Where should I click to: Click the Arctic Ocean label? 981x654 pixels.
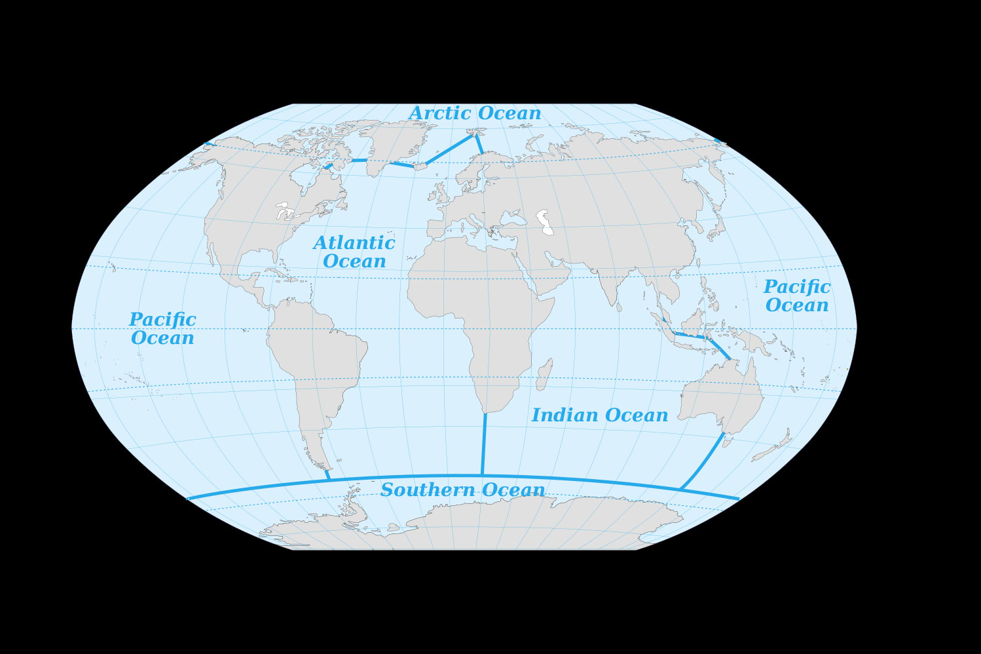[x=475, y=113]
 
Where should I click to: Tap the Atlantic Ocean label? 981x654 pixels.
[x=354, y=252]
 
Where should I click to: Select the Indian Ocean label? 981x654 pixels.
[x=599, y=415]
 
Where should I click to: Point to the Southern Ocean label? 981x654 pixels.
[x=462, y=490]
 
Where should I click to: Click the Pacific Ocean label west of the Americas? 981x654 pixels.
[x=162, y=328]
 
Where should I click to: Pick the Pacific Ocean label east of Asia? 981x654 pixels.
[x=796, y=296]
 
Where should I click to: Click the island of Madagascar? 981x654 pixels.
[x=545, y=375]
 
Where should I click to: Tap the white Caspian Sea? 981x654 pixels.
[x=544, y=221]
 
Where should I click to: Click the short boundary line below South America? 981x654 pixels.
[x=327, y=474]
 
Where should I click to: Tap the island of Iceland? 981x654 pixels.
[x=420, y=166]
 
